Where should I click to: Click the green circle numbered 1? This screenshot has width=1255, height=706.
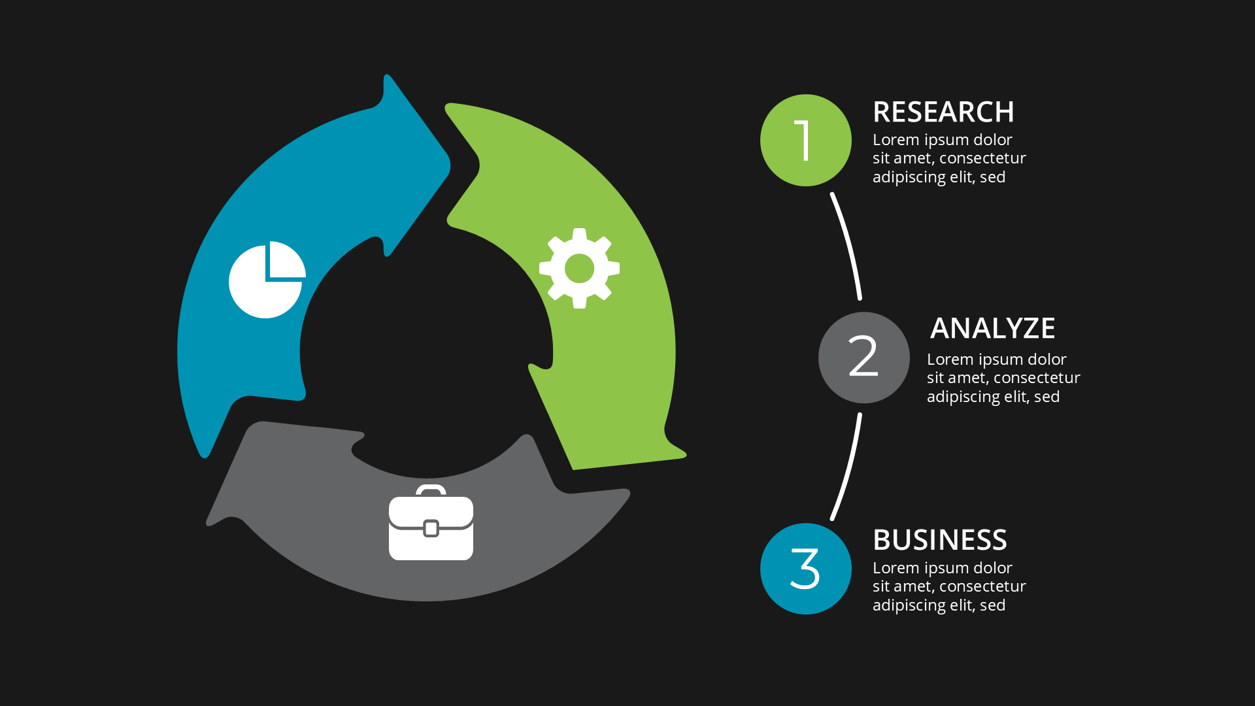(805, 140)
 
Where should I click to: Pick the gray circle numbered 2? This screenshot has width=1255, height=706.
(863, 358)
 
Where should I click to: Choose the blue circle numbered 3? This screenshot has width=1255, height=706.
(805, 569)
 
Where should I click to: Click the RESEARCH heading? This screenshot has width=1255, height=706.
(943, 112)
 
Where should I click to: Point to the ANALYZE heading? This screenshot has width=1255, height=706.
(992, 328)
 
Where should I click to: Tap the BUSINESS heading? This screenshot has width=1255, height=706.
(939, 540)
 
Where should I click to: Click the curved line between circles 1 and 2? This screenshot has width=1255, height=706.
(848, 245)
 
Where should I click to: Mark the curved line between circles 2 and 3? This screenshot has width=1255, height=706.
(848, 467)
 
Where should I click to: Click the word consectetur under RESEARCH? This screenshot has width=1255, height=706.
(982, 158)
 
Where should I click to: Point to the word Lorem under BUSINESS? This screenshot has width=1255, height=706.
(895, 568)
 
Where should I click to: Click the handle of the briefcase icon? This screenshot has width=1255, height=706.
(431, 488)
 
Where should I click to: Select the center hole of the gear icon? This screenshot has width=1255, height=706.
(579, 268)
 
